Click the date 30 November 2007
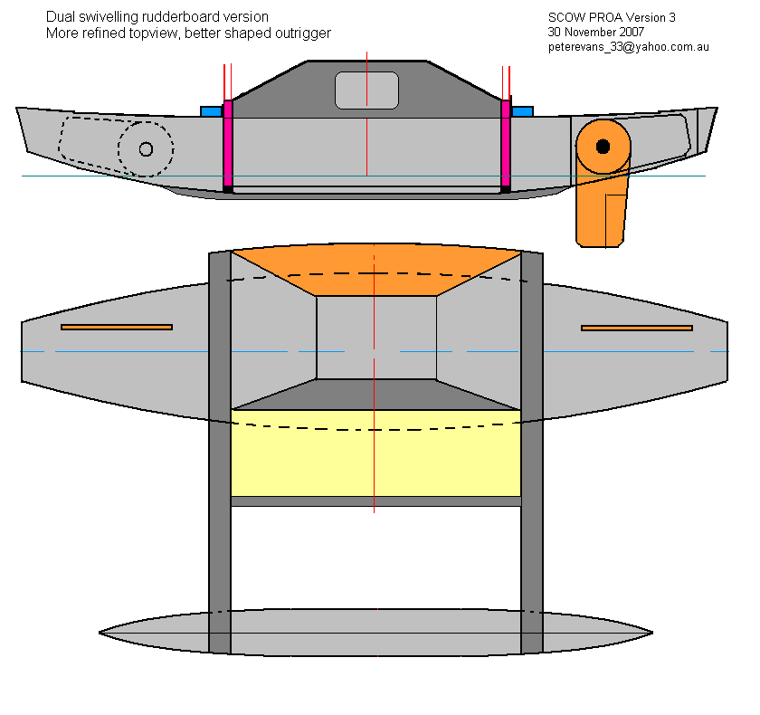click(x=595, y=32)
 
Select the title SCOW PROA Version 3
click(x=612, y=17)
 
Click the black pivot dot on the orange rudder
click(x=603, y=146)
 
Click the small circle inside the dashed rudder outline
click(x=146, y=148)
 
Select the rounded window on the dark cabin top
click(x=366, y=90)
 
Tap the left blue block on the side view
click(x=211, y=111)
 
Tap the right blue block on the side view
click(x=522, y=111)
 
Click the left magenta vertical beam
click(x=228, y=145)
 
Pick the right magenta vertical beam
click(x=507, y=145)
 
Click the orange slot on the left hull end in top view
click(x=116, y=327)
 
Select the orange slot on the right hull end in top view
click(x=636, y=328)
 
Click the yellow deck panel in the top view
click(x=375, y=453)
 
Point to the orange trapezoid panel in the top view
click(x=375, y=276)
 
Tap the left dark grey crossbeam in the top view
click(x=220, y=453)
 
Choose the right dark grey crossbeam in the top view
click(x=532, y=453)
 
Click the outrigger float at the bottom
click(x=375, y=633)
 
